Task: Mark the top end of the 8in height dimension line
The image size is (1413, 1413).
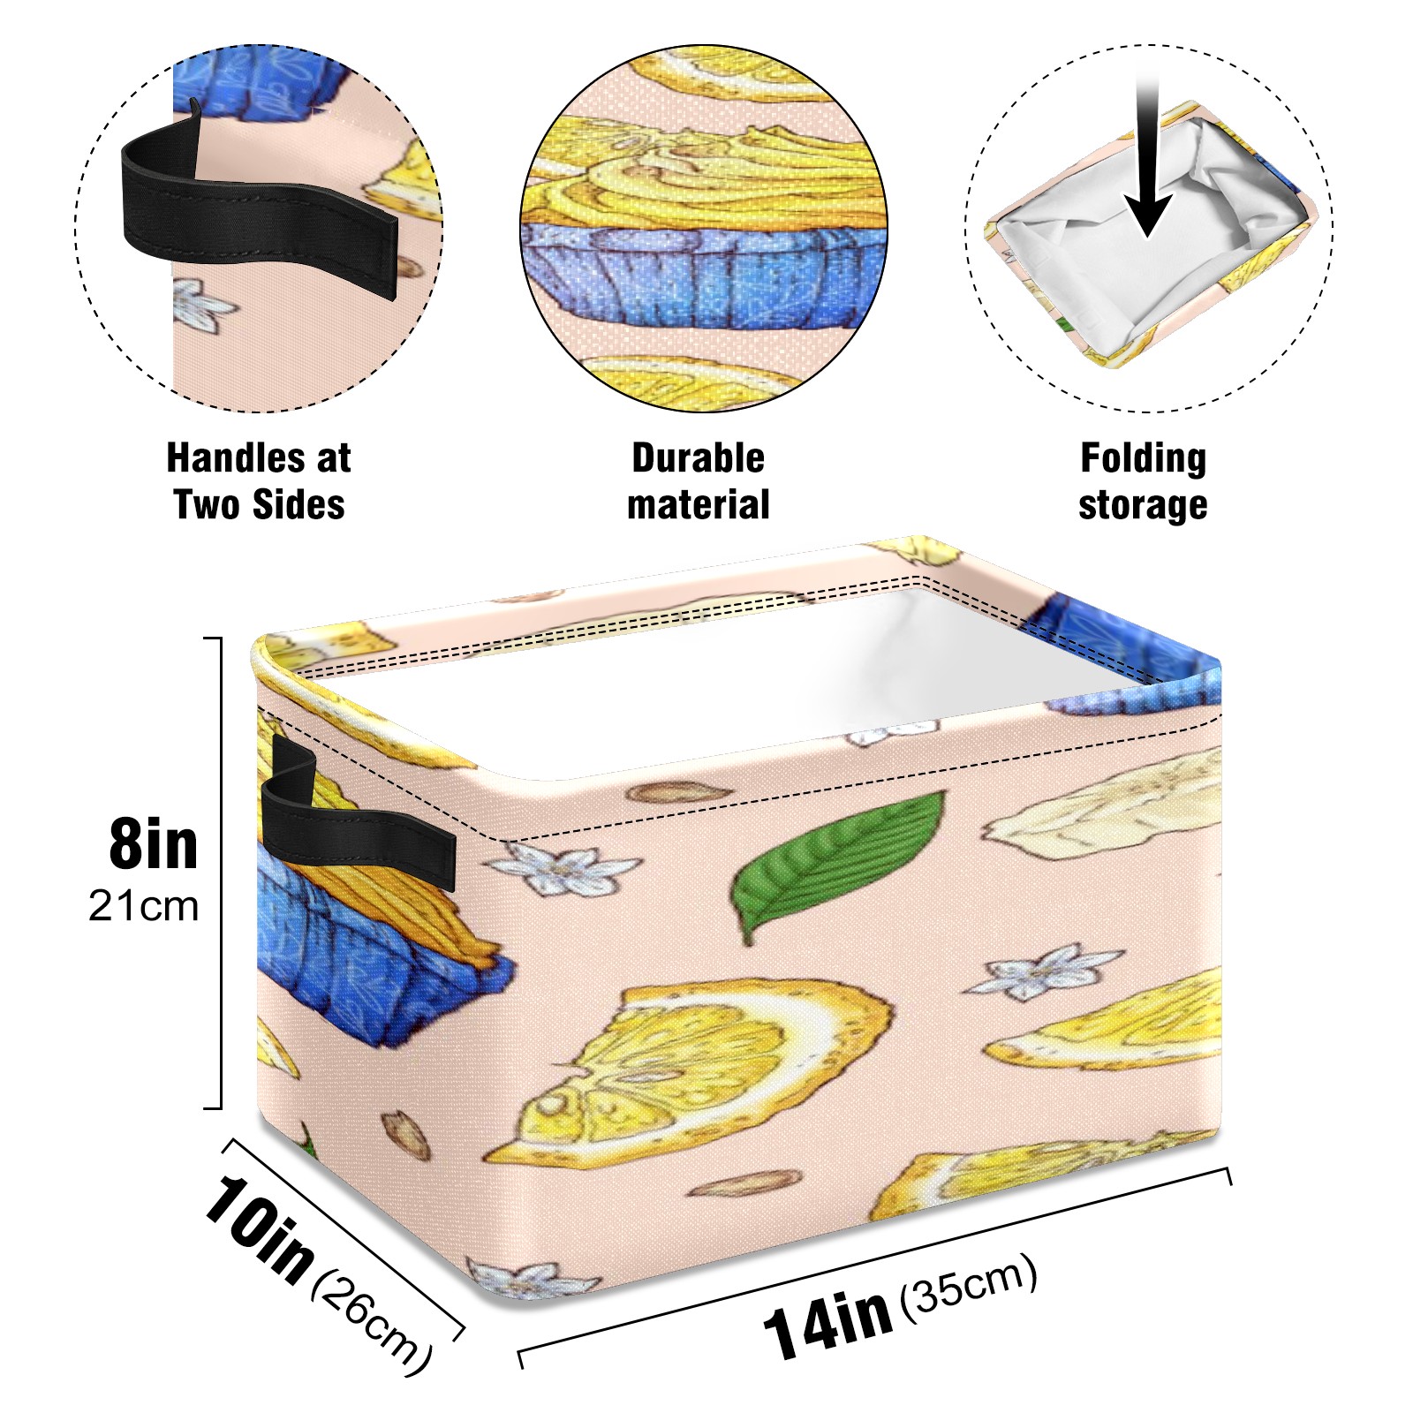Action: tap(220, 638)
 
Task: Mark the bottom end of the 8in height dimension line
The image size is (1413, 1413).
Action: tap(220, 1107)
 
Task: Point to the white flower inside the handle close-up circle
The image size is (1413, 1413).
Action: tap(202, 306)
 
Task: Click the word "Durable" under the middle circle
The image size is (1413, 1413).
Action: tap(698, 458)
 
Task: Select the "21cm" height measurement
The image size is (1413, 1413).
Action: tap(143, 907)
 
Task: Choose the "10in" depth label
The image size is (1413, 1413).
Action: tap(258, 1228)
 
